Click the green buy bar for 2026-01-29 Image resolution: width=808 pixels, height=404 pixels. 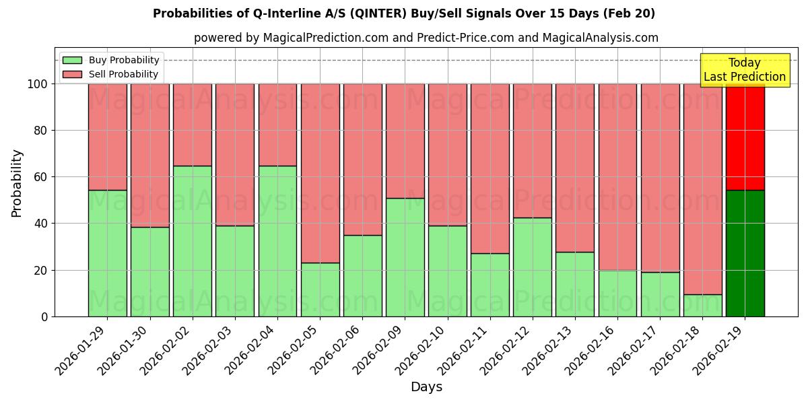pyautogui.click(x=107, y=253)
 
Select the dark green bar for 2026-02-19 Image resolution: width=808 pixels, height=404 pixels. pyautogui.click(x=745, y=253)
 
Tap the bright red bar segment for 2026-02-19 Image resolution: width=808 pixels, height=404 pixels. pyautogui.click(x=745, y=137)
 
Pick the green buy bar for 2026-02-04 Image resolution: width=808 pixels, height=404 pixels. pyautogui.click(x=277, y=241)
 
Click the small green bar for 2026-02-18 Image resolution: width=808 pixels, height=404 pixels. pyautogui.click(x=702, y=305)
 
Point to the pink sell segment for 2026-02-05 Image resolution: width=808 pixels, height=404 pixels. pyautogui.click(x=320, y=173)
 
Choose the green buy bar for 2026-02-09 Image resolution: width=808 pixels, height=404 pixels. pyautogui.click(x=405, y=257)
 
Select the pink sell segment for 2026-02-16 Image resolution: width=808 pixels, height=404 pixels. pyautogui.click(x=617, y=176)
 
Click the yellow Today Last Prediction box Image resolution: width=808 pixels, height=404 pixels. pyautogui.click(x=744, y=70)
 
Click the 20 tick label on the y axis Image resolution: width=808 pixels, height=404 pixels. pyautogui.click(x=41, y=270)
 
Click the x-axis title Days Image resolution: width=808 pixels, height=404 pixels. pyautogui.click(x=426, y=387)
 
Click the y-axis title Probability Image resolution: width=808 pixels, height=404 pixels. pyautogui.click(x=17, y=182)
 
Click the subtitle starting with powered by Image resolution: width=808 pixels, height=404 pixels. pyautogui.click(x=426, y=38)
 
